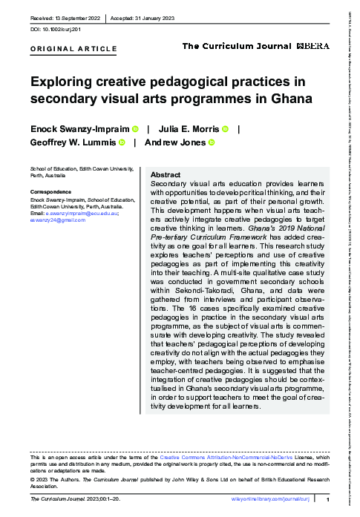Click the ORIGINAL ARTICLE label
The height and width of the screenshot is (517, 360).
(73, 49)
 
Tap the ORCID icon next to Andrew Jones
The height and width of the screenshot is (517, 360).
(211, 142)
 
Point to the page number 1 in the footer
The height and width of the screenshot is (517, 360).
(327, 501)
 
